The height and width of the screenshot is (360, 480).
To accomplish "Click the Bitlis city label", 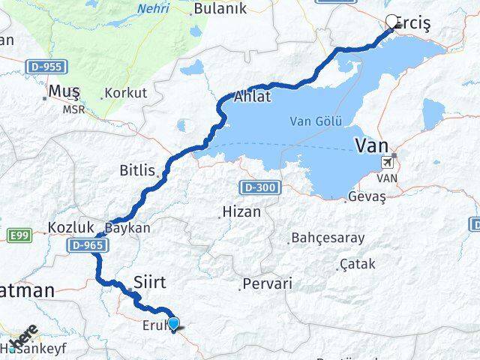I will (x=136, y=170).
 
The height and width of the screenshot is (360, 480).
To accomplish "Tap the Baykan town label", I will (x=127, y=226).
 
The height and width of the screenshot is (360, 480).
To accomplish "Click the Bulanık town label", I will (x=214, y=10).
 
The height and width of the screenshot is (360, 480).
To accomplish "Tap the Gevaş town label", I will (x=366, y=198).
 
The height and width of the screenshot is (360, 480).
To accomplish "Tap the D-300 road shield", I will (x=255, y=185).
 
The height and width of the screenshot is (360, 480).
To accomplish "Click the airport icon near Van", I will (x=388, y=162).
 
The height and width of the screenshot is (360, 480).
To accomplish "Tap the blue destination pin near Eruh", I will (x=174, y=324).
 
